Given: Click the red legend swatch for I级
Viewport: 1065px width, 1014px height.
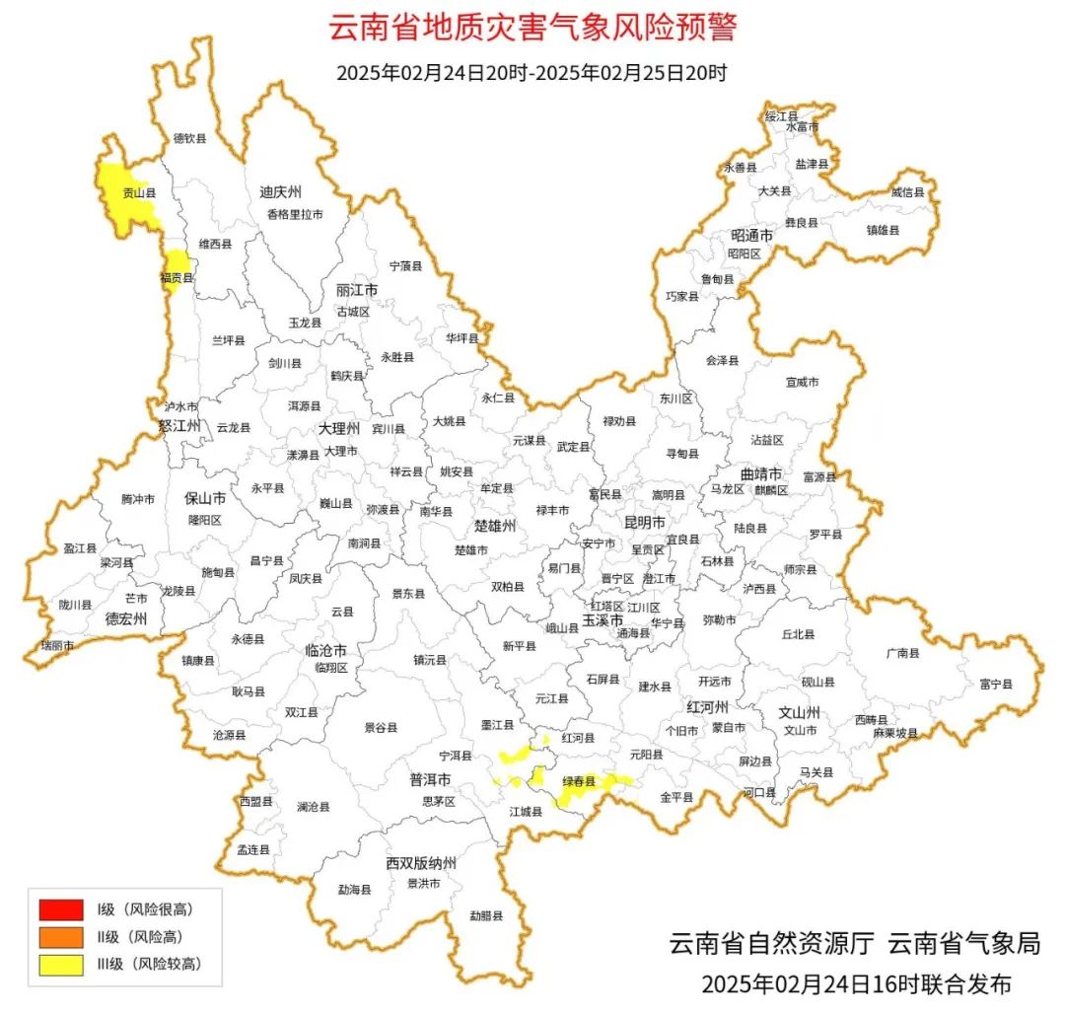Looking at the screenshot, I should [61, 908].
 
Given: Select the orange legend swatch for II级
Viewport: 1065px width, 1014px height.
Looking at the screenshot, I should [61, 936].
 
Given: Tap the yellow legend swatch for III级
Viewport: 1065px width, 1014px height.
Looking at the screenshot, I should [61, 964].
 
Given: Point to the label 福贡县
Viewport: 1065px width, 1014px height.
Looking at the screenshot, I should [177, 279].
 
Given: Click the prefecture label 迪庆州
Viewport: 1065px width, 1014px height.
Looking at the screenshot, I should [280, 191].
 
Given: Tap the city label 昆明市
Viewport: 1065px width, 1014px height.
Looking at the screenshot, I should [645, 521].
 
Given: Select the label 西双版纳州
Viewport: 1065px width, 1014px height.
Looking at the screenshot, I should [421, 864].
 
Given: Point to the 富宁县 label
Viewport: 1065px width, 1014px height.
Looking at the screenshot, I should [996, 683].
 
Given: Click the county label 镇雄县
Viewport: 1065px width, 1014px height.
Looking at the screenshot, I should [883, 230].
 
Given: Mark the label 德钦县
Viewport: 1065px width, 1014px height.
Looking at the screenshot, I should [190, 139].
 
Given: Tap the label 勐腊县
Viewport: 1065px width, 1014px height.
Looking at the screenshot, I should [485, 915].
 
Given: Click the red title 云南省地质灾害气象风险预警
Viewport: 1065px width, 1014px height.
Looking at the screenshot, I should [532, 28].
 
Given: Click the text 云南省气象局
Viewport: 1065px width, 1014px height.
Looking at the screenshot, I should [964, 943].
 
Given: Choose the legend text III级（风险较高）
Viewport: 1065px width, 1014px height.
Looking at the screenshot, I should [149, 964].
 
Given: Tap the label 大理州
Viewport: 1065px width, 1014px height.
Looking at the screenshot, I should [339, 429].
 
